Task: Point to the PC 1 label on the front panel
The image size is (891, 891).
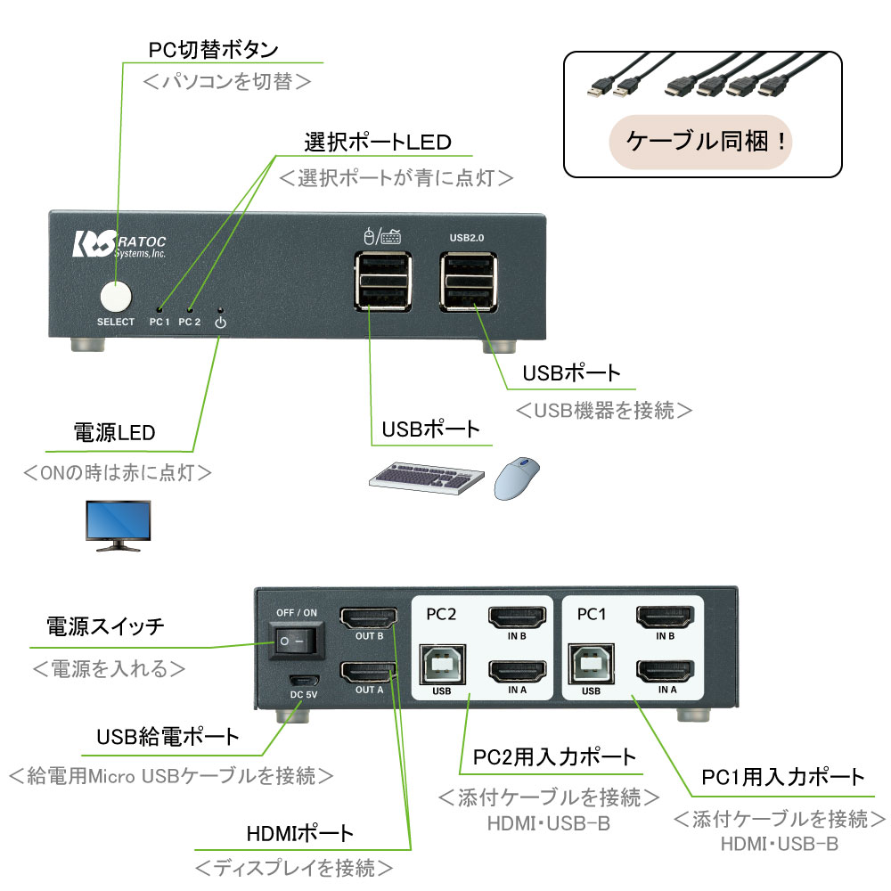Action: (x=160, y=322)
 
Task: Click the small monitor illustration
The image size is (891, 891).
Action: (x=117, y=526)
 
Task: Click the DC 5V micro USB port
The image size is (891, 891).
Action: (x=297, y=676)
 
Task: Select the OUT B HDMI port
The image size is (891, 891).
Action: (x=368, y=617)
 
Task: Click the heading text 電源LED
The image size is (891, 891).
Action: (x=114, y=433)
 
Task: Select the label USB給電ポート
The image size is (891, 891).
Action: (x=168, y=737)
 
